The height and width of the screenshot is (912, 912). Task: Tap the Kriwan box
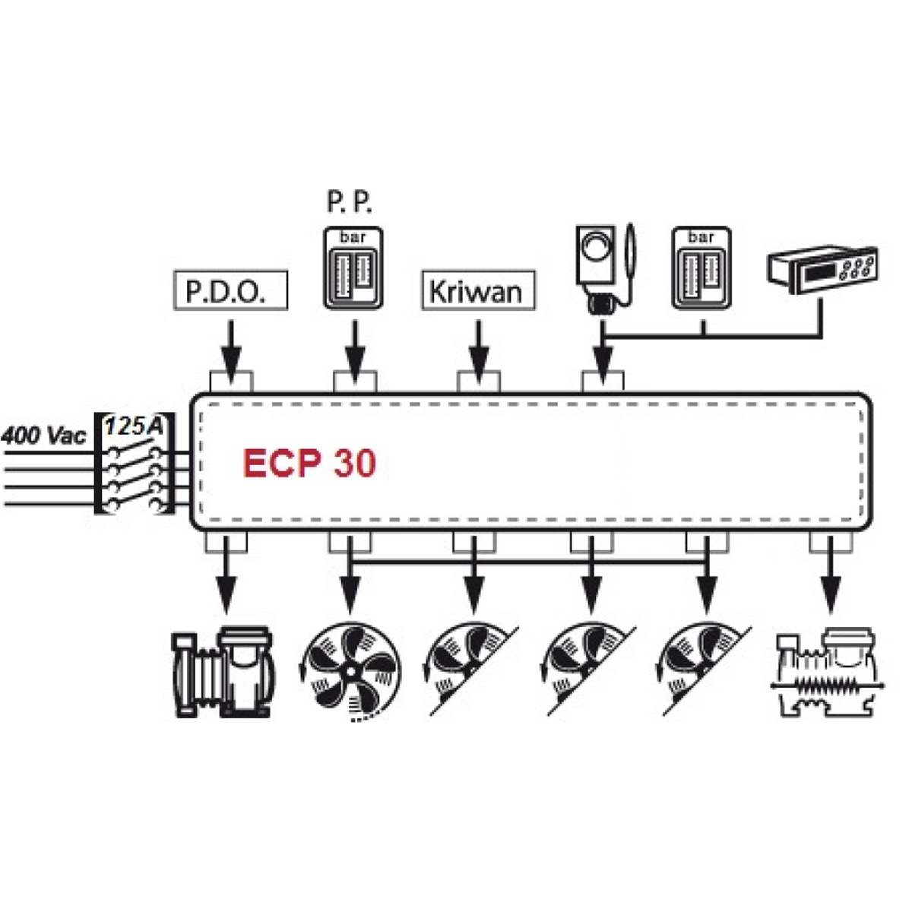pyautogui.click(x=477, y=291)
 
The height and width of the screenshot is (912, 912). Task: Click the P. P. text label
pyautogui.click(x=351, y=204)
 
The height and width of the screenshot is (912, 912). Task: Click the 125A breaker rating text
pyautogui.click(x=134, y=426)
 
